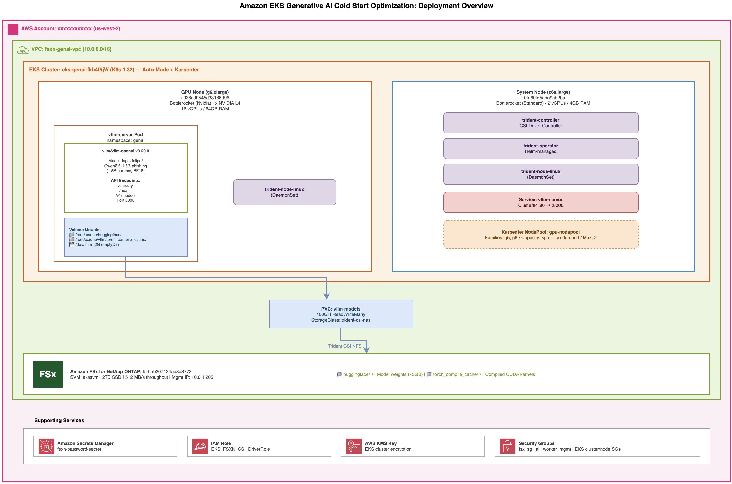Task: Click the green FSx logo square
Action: pyautogui.click(x=48, y=374)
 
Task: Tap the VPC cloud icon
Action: pyautogui.click(x=23, y=50)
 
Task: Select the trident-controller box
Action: pyautogui.click(x=541, y=123)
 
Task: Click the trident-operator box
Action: pyautogui.click(x=541, y=149)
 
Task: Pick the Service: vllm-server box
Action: pyautogui.click(x=541, y=202)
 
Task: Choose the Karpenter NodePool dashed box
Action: pyautogui.click(x=541, y=235)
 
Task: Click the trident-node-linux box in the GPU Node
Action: pyautogui.click(x=284, y=192)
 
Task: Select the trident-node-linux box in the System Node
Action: pyautogui.click(x=541, y=174)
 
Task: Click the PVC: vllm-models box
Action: pyautogui.click(x=341, y=314)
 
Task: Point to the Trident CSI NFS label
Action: pyautogui.click(x=344, y=346)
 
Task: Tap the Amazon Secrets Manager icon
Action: pyautogui.click(x=46, y=446)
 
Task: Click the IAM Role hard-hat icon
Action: pyautogui.click(x=200, y=446)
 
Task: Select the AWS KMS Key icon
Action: pyautogui.click(x=354, y=446)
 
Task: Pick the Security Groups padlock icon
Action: pyautogui.click(x=508, y=446)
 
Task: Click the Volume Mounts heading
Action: pyautogui.click(x=85, y=230)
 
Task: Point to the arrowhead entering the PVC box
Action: pyautogui.click(x=326, y=297)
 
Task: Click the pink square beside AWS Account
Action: pyautogui.click(x=13, y=30)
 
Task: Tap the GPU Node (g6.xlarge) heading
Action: pyautogui.click(x=205, y=92)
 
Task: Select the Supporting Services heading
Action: pyautogui.click(x=59, y=420)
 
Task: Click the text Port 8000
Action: pyautogui.click(x=125, y=200)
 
